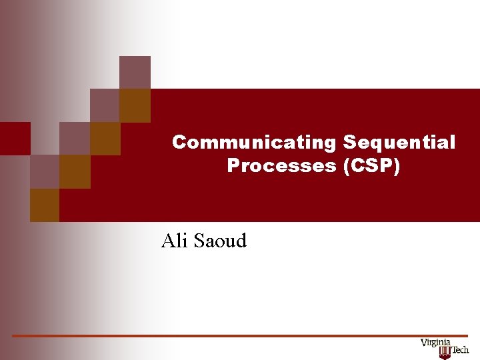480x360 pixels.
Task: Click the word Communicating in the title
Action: coord(255,143)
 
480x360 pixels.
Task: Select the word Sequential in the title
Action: coord(399,143)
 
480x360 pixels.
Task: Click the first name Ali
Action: coord(175,240)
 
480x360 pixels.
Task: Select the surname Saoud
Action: coord(220,240)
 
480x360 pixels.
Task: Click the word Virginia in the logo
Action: coord(435,343)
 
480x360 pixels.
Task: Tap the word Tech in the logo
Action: coord(460,350)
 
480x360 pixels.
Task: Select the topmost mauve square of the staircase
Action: coord(135,72)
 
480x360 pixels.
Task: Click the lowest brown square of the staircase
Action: coord(45,205)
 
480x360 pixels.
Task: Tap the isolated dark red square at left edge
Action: coord(15,138)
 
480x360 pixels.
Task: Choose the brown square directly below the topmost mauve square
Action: coord(135,105)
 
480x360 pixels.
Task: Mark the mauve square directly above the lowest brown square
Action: coord(45,171)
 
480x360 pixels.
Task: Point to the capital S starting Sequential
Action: coord(350,143)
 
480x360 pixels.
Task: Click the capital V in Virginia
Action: coord(424,343)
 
